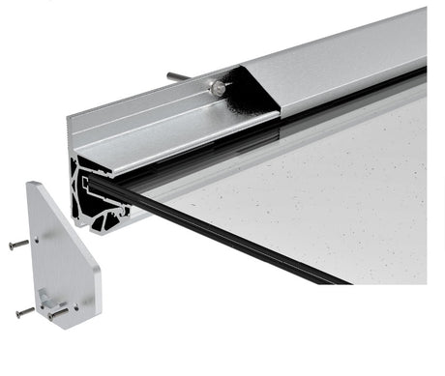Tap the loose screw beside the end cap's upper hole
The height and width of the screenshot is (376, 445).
tap(19, 245)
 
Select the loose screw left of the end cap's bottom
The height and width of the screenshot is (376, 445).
tap(24, 312)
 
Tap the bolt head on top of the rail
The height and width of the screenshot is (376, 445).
tap(219, 88)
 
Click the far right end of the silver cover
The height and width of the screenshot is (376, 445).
tap(422, 39)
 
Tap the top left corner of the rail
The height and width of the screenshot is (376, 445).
tap(70, 118)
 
